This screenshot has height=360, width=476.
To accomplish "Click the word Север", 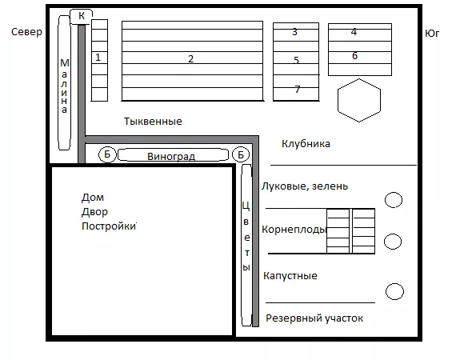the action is pyautogui.click(x=26, y=32).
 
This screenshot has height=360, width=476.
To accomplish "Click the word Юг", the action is pyautogui.click(x=432, y=33).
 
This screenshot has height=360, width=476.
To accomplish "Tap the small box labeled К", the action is pyautogui.click(x=81, y=17).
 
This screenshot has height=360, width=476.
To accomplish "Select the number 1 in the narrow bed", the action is pyautogui.click(x=98, y=57).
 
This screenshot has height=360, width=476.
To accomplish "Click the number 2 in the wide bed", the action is pyautogui.click(x=190, y=58).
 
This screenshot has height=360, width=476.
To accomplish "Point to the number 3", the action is pyautogui.click(x=294, y=31).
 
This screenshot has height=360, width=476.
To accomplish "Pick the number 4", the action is pyautogui.click(x=354, y=31).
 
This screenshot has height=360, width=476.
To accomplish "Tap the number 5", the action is pyautogui.click(x=296, y=60).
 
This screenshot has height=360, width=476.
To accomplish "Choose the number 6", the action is pyautogui.click(x=354, y=55).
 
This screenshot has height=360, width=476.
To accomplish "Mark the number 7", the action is pyautogui.click(x=298, y=89).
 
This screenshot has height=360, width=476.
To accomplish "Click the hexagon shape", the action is pyautogui.click(x=359, y=100).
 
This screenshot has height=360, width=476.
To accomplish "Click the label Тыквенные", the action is pyautogui.click(x=153, y=122).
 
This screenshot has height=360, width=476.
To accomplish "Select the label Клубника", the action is pyautogui.click(x=306, y=143).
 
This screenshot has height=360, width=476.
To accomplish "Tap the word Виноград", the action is pyautogui.click(x=171, y=156).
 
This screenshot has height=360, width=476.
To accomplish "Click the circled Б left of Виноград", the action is pyautogui.click(x=107, y=154).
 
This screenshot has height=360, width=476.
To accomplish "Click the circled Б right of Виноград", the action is pyautogui.click(x=241, y=154).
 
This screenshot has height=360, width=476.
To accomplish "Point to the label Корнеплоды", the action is pyautogui.click(x=294, y=229).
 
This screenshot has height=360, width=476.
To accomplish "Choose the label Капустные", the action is pyautogui.click(x=290, y=276).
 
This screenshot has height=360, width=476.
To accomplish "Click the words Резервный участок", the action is pyautogui.click(x=314, y=318).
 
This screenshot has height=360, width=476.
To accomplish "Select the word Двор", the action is pyautogui.click(x=94, y=212).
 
